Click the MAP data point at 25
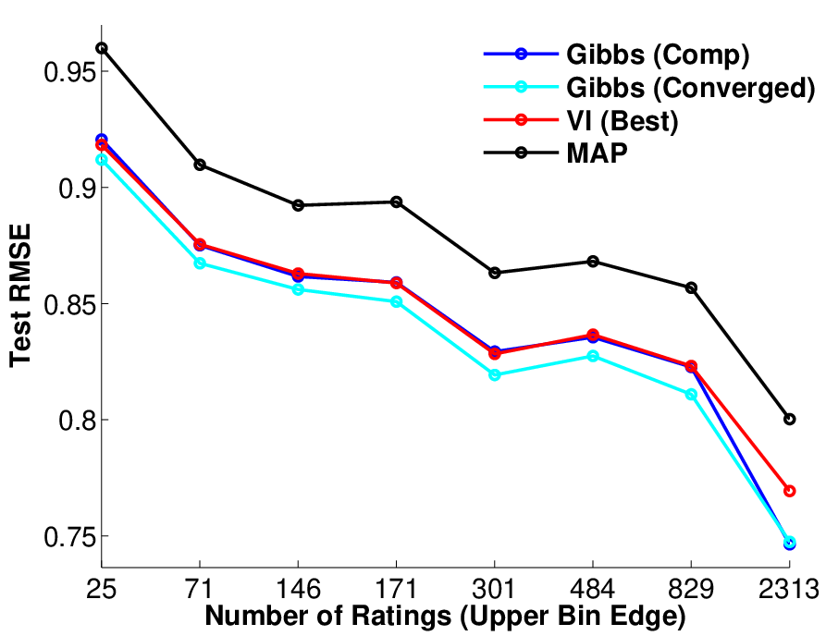point(101,48)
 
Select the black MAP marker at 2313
point(789,419)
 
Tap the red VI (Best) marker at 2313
point(789,491)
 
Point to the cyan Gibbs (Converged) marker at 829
point(691,395)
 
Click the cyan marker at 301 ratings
point(494,375)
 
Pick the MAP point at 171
point(396,202)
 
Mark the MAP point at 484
point(593,261)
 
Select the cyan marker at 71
point(200,263)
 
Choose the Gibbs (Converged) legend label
point(691,88)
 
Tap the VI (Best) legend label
point(623,120)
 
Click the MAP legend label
point(597,153)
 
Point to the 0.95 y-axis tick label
point(70,72)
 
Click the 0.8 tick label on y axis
point(78,421)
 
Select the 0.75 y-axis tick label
point(70,537)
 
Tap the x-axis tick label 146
point(298,589)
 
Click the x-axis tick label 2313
point(789,589)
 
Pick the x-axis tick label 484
point(593,589)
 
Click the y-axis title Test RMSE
point(21,295)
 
